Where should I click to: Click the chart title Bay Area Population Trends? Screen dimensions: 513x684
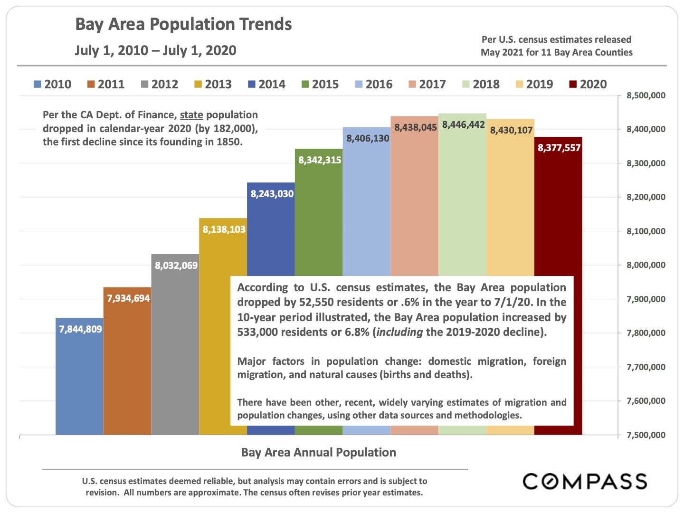pyautogui.click(x=183, y=24)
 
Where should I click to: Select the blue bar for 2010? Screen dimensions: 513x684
pyautogui.click(x=79, y=380)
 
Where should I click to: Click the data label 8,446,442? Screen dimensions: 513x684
pyautogui.click(x=463, y=124)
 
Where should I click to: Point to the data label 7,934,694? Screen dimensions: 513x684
pyautogui.click(x=128, y=298)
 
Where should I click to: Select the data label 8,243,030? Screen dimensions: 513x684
pyautogui.click(x=272, y=194)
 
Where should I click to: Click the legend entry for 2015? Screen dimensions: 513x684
pyautogui.click(x=320, y=85)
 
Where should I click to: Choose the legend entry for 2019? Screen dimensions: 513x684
pyautogui.click(x=534, y=85)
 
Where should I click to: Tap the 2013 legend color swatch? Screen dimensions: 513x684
pyautogui.click(x=198, y=85)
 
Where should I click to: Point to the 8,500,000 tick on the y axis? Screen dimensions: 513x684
pyautogui.click(x=646, y=95)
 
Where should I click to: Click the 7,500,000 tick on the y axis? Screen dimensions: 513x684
pyautogui.click(x=646, y=435)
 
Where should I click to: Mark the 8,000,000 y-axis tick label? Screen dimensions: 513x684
pyautogui.click(x=646, y=265)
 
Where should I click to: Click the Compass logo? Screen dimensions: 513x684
pyautogui.click(x=585, y=481)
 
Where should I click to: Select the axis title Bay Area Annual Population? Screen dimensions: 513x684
pyautogui.click(x=318, y=452)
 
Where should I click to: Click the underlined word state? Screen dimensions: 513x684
pyautogui.click(x=191, y=115)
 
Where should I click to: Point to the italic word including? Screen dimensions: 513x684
pyautogui.click(x=399, y=332)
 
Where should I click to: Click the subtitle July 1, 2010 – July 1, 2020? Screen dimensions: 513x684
pyautogui.click(x=155, y=50)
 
